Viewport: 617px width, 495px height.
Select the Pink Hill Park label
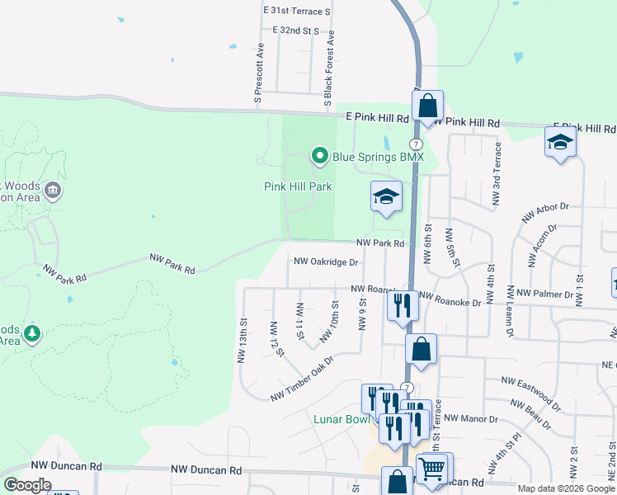click(x=298, y=186)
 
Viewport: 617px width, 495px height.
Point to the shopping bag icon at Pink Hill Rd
click(x=427, y=106)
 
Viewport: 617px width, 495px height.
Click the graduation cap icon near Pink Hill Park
click(x=385, y=197)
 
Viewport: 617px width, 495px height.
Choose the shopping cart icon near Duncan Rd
click(x=433, y=469)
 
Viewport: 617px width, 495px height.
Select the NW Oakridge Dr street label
click(x=327, y=262)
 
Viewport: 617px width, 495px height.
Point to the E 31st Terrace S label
click(x=296, y=12)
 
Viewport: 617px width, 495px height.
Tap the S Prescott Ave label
click(x=259, y=76)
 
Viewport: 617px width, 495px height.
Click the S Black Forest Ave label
click(x=329, y=69)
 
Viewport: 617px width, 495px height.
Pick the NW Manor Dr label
click(x=473, y=419)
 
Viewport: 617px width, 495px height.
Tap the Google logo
click(x=27, y=485)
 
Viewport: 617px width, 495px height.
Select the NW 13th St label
click(x=243, y=341)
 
